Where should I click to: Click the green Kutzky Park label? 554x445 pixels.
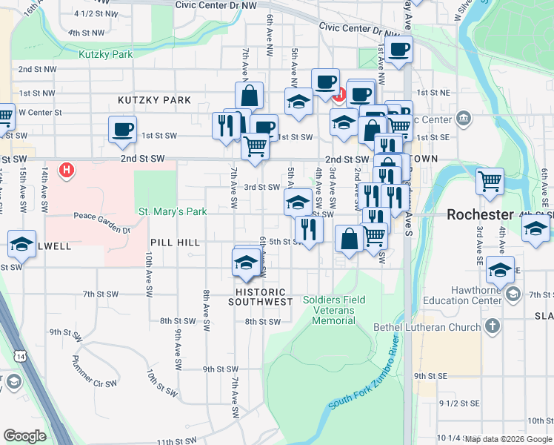click(x=106, y=54)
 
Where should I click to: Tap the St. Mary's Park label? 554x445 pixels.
click(x=173, y=211)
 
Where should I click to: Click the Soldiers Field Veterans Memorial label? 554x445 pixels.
click(x=329, y=310)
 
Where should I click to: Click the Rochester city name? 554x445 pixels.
click(x=480, y=214)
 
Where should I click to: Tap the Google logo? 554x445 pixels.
click(x=24, y=436)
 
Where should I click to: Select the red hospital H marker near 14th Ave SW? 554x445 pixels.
click(x=67, y=171)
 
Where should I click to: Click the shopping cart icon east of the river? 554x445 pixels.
click(x=490, y=180)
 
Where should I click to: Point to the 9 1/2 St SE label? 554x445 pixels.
click(x=460, y=403)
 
